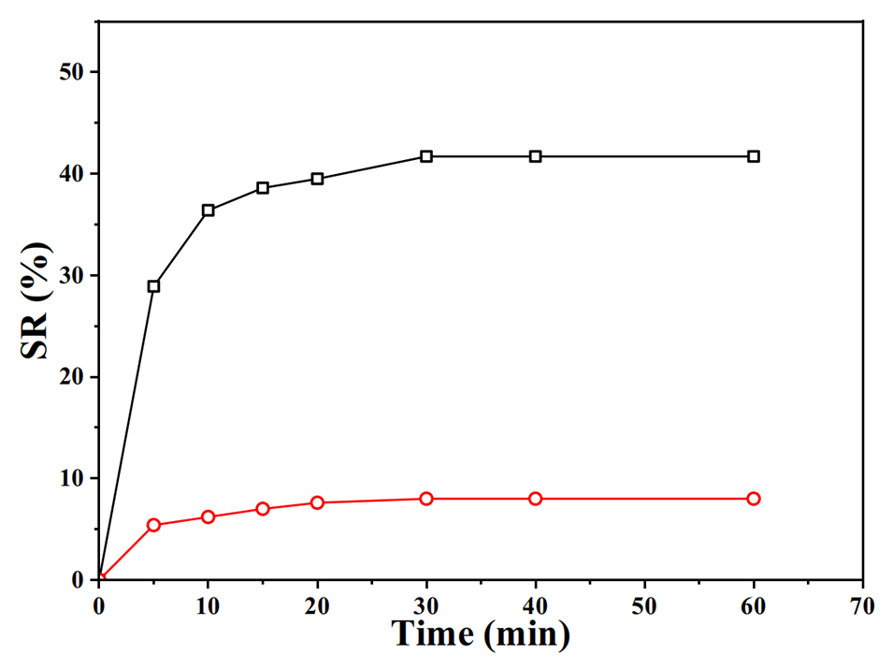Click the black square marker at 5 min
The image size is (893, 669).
pos(153,286)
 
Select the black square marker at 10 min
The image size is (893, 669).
pos(208,211)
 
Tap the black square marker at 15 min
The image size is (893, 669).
pos(263,188)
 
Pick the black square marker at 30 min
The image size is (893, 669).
pos(426,156)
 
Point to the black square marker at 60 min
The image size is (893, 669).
pos(754,156)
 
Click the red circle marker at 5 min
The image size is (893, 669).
pos(153,525)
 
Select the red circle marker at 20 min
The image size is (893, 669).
pos(317,502)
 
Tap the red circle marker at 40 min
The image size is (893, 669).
pos(536,499)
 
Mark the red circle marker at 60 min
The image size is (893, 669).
pos(754,499)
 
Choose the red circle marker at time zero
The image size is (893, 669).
pos(100,579)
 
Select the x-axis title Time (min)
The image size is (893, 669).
pos(481,634)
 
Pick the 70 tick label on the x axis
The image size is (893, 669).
pos(863,605)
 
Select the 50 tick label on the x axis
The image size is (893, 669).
pos(644,605)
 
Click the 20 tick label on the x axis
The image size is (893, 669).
pos(317,605)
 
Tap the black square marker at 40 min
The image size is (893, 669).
pos(536,156)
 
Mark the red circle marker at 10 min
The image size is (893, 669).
pos(208,516)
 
